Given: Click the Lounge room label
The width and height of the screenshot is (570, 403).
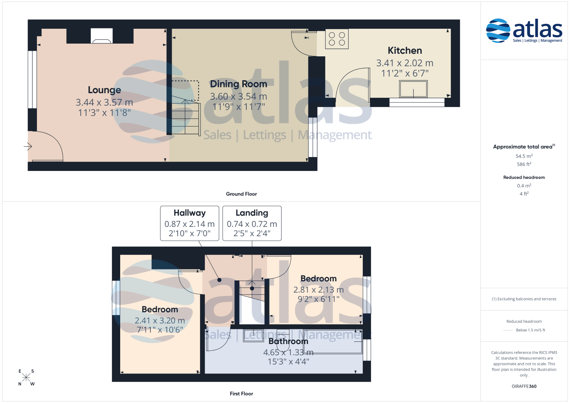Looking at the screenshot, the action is (x=104, y=90).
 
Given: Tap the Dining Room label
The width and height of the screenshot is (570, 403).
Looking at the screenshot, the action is (x=239, y=84).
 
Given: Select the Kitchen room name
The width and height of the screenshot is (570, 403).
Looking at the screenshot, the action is (x=405, y=50).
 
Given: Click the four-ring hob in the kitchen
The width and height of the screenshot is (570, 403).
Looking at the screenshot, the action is (x=337, y=39).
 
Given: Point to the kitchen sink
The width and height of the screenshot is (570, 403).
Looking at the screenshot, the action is (x=413, y=89).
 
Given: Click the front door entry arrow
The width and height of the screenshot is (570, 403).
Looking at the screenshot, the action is (x=28, y=146).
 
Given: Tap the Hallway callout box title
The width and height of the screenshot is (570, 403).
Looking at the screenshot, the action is (x=190, y=213).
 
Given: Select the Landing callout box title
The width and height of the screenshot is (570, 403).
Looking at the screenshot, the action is (x=252, y=213).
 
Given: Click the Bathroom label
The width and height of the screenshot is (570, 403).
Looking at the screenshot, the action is (x=288, y=341).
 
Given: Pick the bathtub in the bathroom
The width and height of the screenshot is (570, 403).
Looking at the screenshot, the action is (x=332, y=342).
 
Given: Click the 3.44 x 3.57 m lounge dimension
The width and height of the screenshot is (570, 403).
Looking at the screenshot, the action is (x=104, y=102).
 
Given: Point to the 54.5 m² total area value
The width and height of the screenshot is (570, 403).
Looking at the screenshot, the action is (x=524, y=156).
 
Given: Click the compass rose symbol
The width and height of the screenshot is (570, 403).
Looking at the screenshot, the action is (x=26, y=378).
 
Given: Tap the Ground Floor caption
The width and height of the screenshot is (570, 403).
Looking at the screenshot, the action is (x=241, y=194).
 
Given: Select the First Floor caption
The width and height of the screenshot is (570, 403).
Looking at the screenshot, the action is (x=241, y=394).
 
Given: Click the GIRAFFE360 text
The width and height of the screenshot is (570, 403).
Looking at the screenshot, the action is (x=524, y=386).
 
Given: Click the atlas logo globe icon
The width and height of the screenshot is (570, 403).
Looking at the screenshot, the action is (x=498, y=31).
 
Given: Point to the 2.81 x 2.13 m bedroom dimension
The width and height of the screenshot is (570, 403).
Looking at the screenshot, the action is (x=318, y=290).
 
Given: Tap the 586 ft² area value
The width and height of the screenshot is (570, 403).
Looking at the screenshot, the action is (x=524, y=164).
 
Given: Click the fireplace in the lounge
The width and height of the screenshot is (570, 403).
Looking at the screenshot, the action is (x=102, y=36).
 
